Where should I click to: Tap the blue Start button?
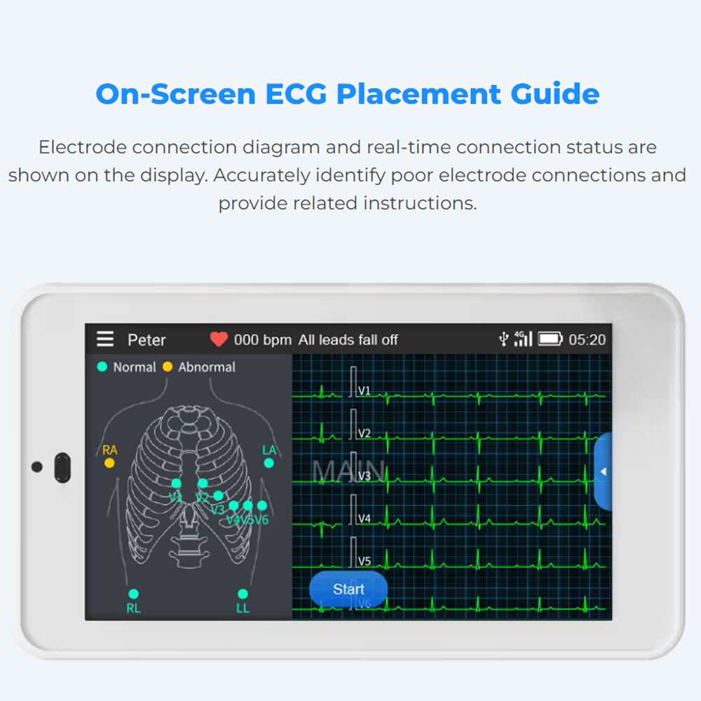point(348,589)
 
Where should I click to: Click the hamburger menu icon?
point(105,339)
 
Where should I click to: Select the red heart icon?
point(219,339)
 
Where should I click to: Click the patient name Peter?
point(147,340)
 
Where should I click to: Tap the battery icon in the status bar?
point(550,339)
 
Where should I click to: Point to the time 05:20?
point(587,340)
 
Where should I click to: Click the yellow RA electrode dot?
point(109,463)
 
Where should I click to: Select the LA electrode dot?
point(269,463)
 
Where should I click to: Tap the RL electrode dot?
point(133,594)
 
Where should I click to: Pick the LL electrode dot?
point(243,594)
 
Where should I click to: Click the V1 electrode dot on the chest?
point(177,483)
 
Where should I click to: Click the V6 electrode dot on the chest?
point(262,505)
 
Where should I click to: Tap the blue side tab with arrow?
point(603,472)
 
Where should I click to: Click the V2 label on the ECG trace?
point(365,433)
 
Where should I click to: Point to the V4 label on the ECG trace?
point(365,519)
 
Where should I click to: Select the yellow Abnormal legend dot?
point(168,367)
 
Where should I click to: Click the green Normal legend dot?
point(102,367)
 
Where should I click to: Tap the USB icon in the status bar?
point(503,339)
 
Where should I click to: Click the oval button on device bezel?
point(62,468)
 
